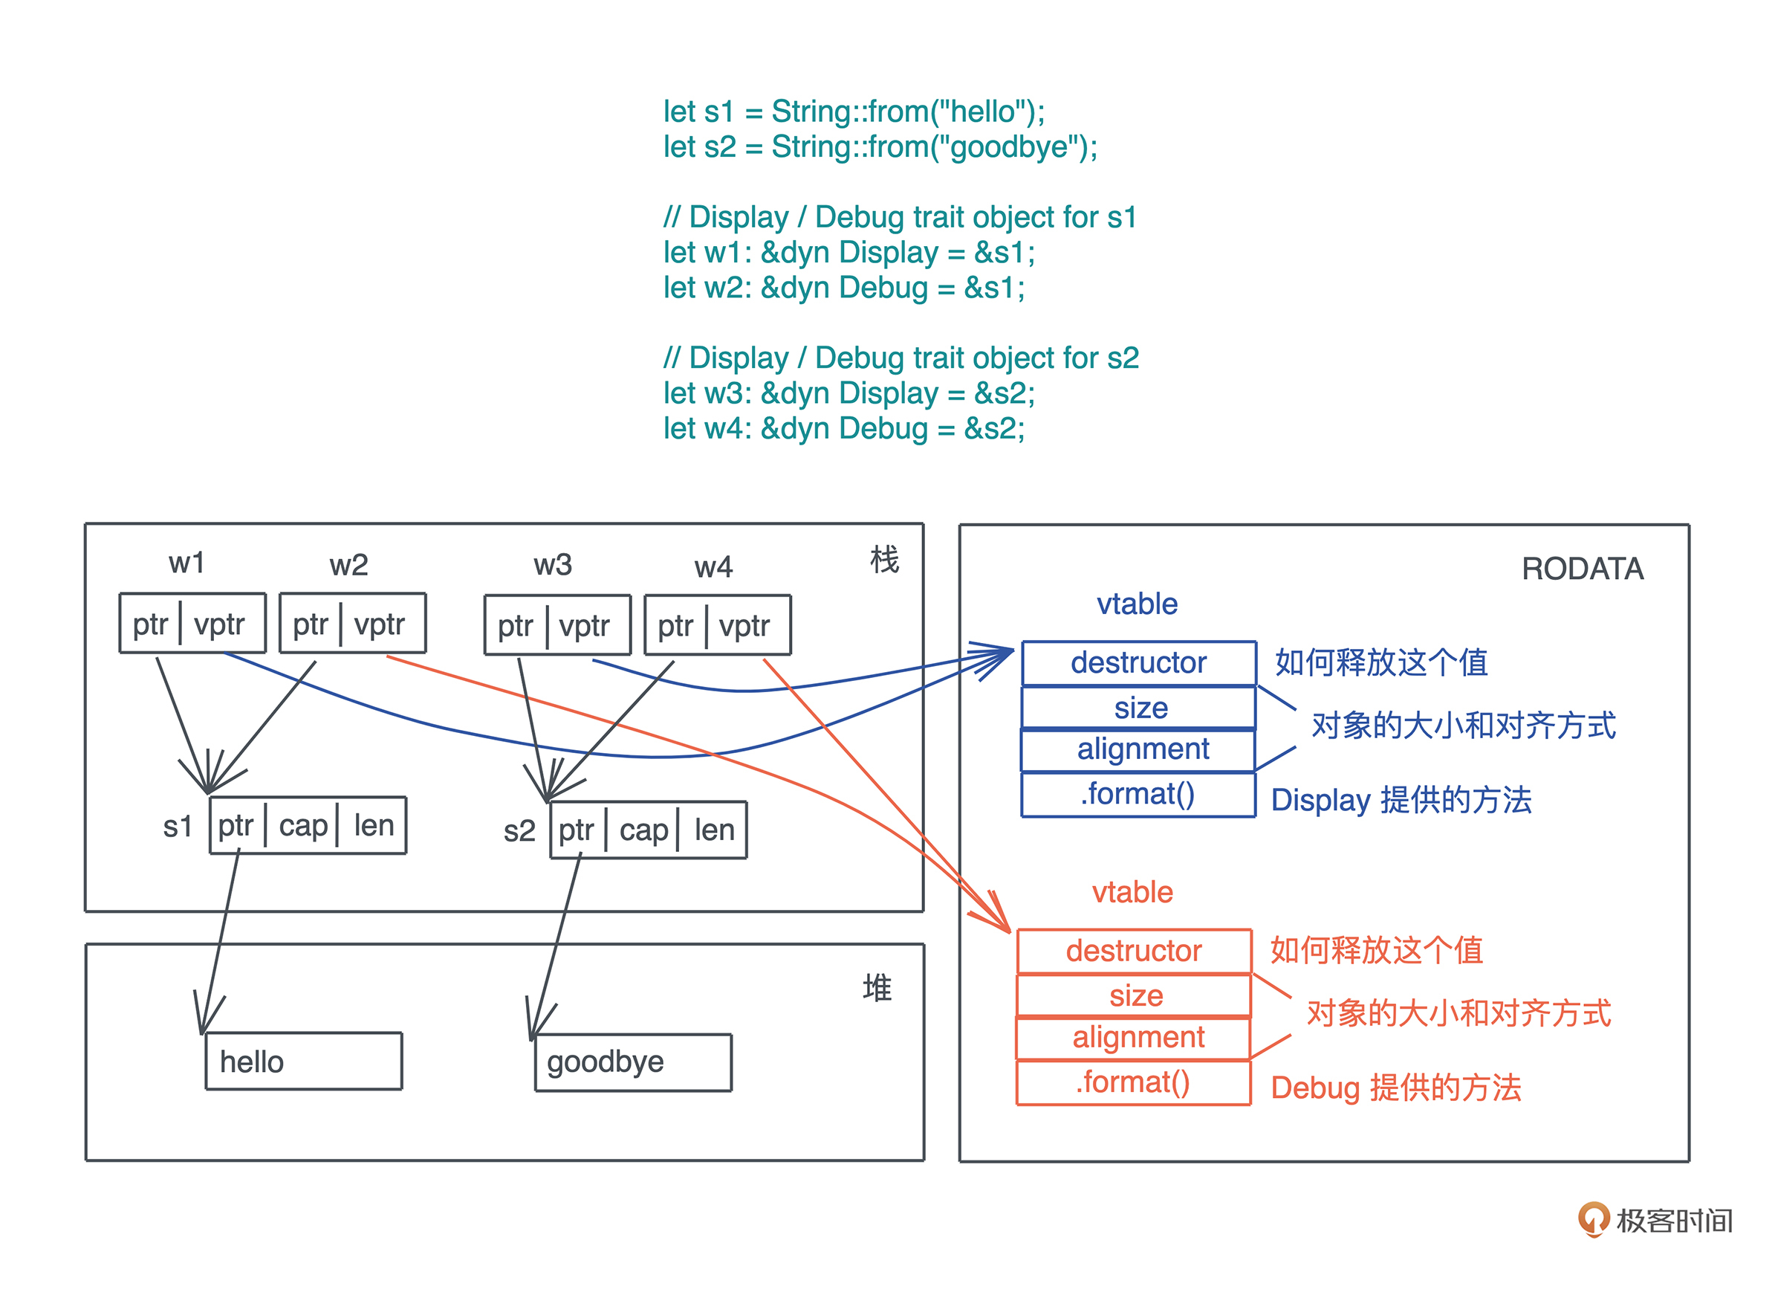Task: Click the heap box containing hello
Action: (304, 1061)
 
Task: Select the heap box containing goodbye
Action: (632, 1062)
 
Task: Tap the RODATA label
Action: (1582, 569)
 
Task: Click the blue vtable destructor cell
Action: (1139, 662)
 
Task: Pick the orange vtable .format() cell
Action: (1133, 1082)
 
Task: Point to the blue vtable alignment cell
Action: (1139, 749)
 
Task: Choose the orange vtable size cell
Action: (1135, 995)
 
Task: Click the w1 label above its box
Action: (186, 563)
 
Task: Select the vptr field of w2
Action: (380, 624)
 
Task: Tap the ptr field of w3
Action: (515, 626)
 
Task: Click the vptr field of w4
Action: (744, 626)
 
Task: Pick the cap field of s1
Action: (303, 825)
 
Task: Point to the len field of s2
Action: (714, 830)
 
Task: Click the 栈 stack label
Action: (884, 560)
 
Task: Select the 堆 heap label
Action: (877, 987)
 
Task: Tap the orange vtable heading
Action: (1132, 892)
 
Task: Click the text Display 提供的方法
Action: (1401, 799)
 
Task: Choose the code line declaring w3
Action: (848, 393)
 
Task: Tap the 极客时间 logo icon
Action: (1594, 1218)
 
